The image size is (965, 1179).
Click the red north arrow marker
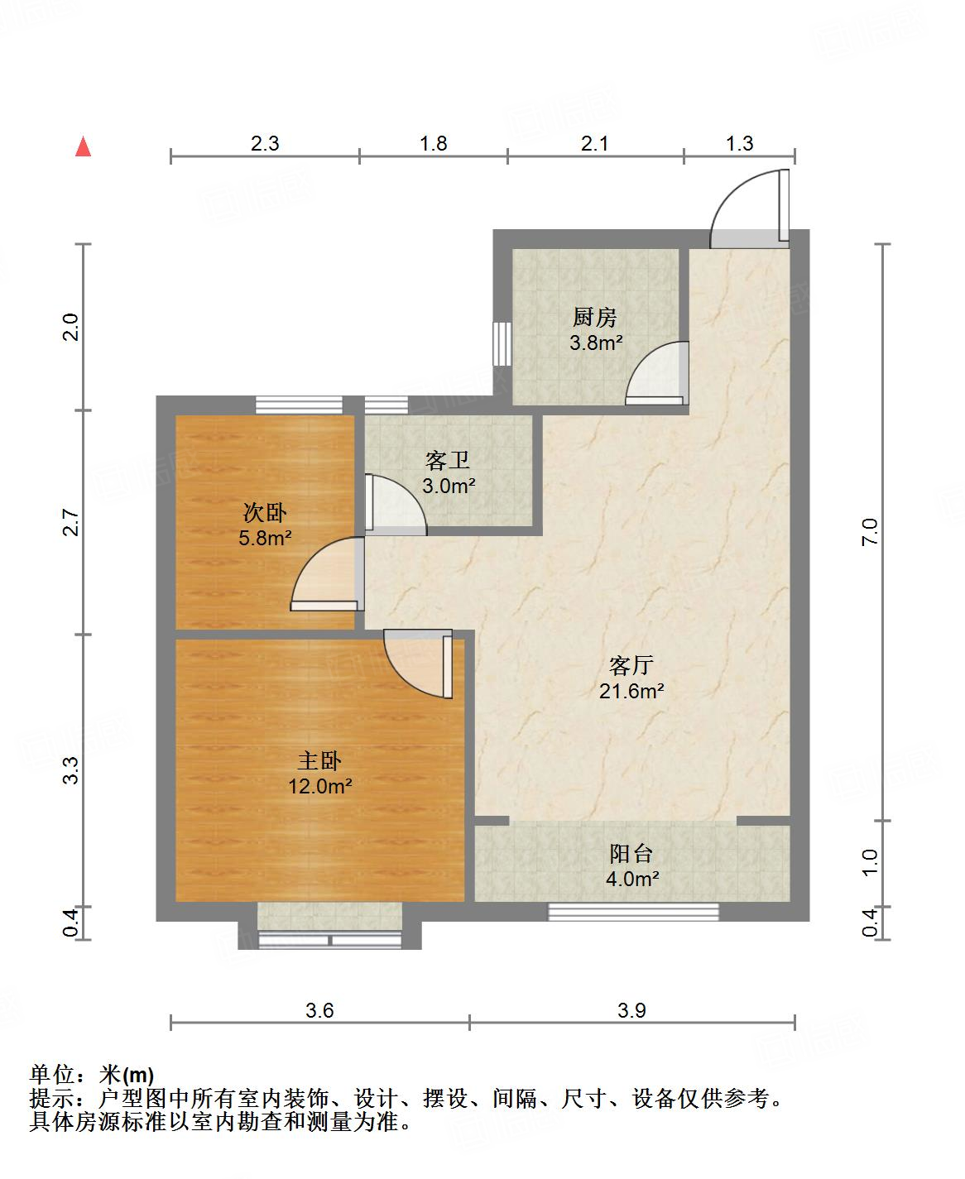pos(83,147)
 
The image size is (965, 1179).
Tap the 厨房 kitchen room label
pos(594,317)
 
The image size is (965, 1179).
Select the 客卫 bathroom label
pos(447,460)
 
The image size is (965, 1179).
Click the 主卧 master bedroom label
pos(319,761)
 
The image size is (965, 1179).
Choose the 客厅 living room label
pos(631,665)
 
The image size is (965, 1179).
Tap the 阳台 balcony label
pos(632,853)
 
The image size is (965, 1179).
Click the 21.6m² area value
pos(632,691)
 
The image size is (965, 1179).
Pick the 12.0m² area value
pos(319,787)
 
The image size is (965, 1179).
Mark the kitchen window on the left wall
pos(501,343)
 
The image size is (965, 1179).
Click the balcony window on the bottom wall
pos(633,912)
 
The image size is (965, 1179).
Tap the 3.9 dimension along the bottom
pos(631,1010)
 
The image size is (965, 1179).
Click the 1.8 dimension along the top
pos(433,144)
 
